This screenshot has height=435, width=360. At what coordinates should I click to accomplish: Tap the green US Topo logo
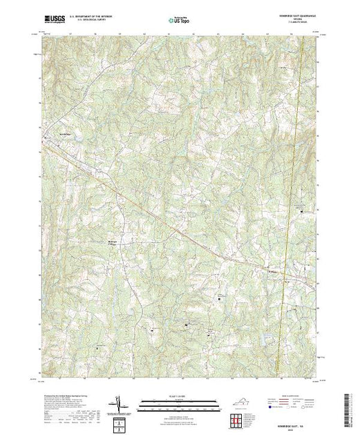[179, 21]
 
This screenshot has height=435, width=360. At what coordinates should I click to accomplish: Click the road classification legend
[290, 404]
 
